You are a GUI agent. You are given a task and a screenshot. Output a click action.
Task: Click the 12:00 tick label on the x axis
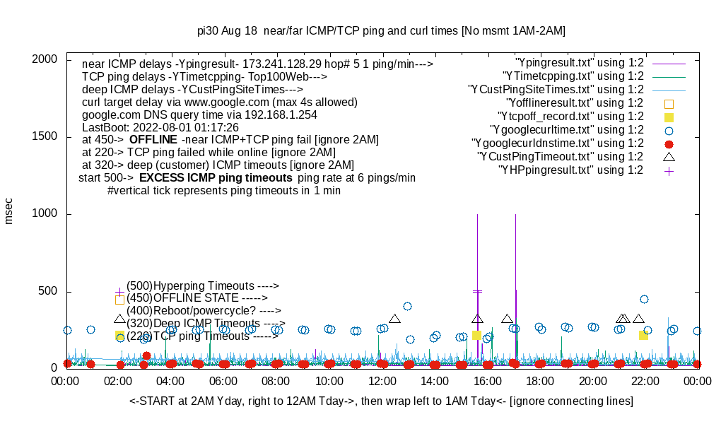(382, 382)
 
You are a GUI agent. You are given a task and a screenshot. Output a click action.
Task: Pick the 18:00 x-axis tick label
(540, 382)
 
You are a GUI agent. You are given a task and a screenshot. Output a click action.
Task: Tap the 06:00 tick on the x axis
(224, 382)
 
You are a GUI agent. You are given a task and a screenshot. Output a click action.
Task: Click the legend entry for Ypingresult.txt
(580, 63)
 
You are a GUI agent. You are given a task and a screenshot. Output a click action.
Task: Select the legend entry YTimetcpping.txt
(573, 76)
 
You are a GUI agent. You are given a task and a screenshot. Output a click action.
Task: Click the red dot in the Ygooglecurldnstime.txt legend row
(669, 143)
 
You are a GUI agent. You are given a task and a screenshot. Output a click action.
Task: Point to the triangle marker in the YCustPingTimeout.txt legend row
(669, 156)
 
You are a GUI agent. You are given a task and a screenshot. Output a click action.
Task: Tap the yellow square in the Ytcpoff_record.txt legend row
(669, 117)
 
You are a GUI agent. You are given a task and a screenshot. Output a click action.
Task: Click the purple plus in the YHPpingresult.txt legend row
(669, 170)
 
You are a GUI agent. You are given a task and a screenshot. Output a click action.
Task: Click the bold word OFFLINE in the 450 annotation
(153, 140)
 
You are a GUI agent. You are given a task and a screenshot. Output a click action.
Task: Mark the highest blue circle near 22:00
(644, 299)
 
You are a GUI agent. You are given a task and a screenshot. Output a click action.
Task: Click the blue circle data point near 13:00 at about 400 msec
(407, 306)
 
